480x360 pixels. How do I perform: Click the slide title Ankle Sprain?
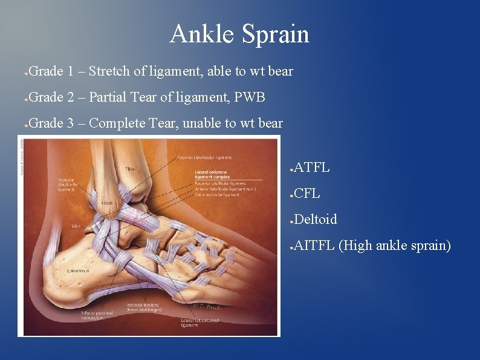click(x=239, y=34)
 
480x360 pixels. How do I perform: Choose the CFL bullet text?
click(x=307, y=194)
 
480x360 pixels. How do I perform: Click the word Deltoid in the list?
click(x=316, y=219)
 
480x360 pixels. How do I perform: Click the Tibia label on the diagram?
click(x=130, y=169)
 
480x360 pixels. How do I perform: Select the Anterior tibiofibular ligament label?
click(x=205, y=158)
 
